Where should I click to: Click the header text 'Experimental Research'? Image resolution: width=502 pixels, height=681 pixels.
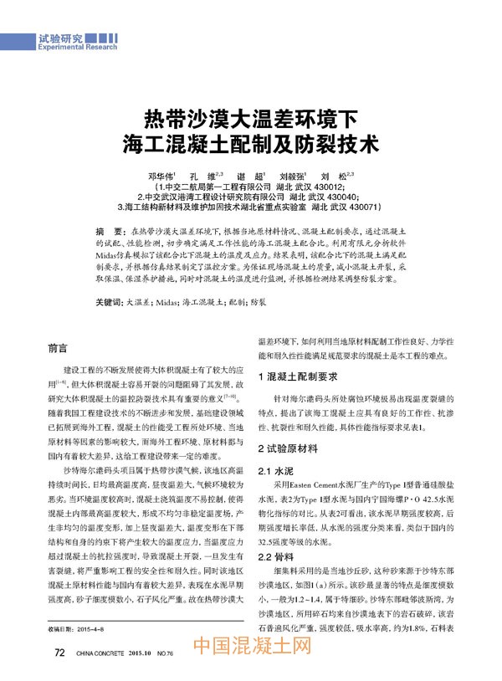pyautogui.click(x=78, y=49)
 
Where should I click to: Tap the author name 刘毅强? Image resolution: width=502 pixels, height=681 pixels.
pyautogui.click(x=294, y=177)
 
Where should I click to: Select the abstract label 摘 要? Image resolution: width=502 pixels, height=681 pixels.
pyautogui.click(x=110, y=228)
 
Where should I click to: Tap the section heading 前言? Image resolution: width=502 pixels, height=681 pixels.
pyautogui.click(x=58, y=347)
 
